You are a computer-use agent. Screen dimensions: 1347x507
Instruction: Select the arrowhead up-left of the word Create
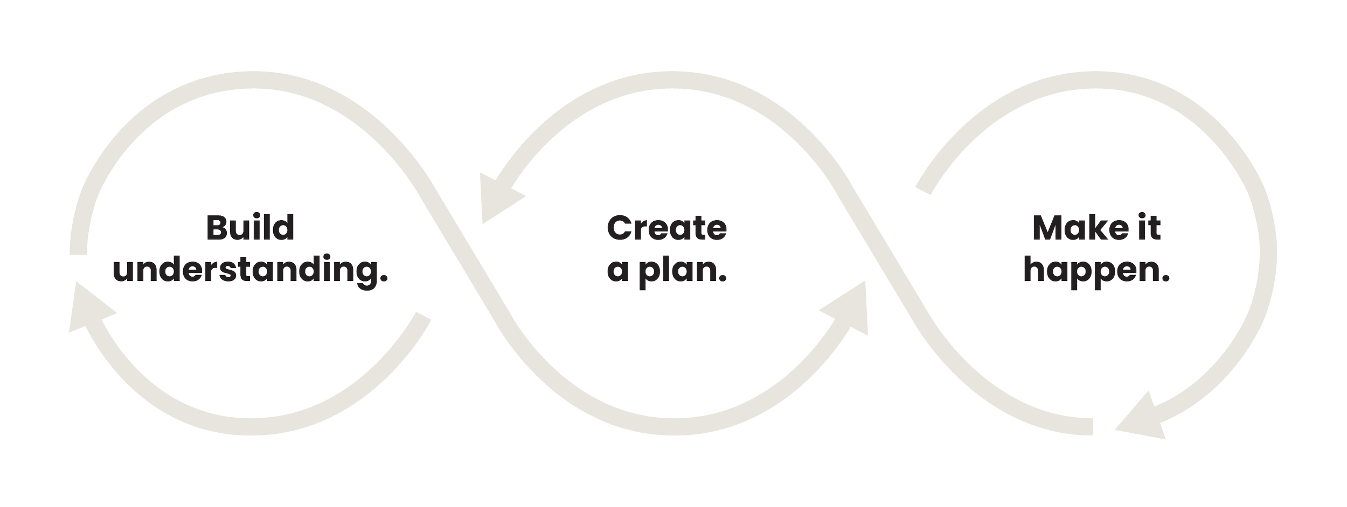[498, 199]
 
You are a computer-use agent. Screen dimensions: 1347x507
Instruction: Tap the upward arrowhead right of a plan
[851, 309]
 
